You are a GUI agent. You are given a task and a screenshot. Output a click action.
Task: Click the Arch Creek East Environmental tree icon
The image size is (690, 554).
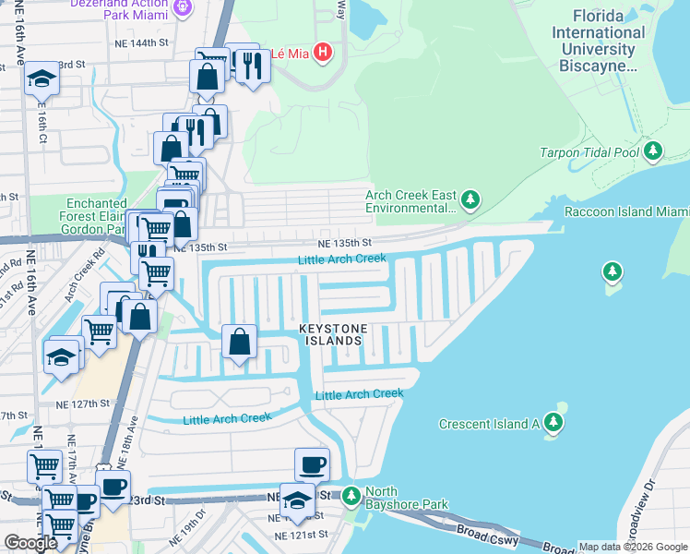pyautogui.click(x=470, y=199)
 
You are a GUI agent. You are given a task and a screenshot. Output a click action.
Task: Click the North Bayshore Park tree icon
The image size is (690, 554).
pyautogui.click(x=351, y=498)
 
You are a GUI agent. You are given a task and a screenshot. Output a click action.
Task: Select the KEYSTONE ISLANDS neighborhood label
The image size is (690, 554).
pyautogui.click(x=333, y=334)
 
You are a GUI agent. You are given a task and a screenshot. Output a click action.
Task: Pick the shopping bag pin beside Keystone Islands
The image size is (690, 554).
pyautogui.click(x=239, y=342)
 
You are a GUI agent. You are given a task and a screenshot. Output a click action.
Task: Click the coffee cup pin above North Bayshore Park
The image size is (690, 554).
pyautogui.click(x=312, y=464)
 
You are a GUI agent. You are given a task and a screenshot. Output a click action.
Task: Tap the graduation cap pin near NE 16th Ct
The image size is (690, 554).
pyautogui.click(x=41, y=79)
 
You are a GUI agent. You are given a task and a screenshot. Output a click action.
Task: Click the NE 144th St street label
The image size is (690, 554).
pyautogui.click(x=142, y=43)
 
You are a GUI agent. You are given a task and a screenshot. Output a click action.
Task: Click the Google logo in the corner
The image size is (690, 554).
pyautogui.click(x=30, y=543)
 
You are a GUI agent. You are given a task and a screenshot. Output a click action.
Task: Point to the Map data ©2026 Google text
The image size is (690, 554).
pyautogui.click(x=633, y=547)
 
